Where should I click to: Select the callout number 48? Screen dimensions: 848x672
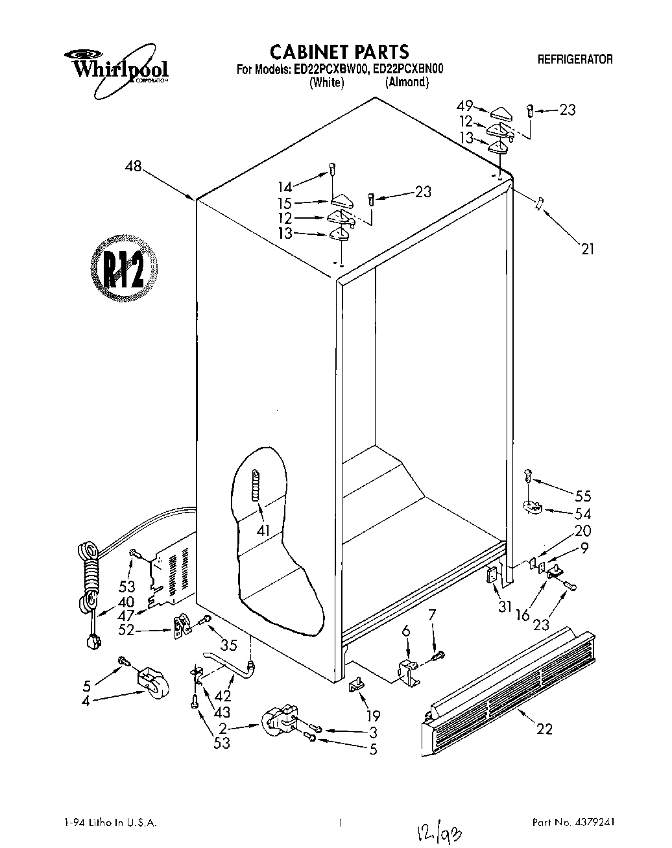(134, 167)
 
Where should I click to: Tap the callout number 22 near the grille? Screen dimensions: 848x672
(545, 729)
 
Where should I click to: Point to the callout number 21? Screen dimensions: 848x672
(586, 248)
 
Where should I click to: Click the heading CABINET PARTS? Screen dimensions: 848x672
(339, 52)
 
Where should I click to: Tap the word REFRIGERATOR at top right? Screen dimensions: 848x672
(575, 59)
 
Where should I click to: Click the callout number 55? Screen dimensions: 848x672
(582, 496)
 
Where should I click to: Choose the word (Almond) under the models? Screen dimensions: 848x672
(407, 82)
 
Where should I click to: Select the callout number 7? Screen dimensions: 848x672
(432, 614)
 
